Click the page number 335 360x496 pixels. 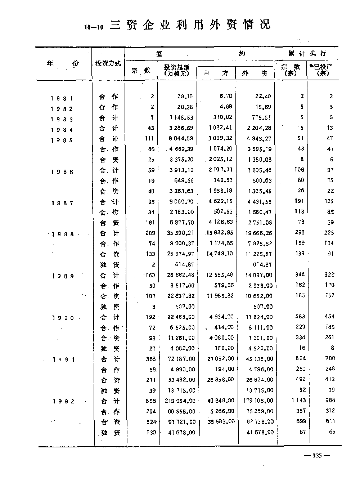click(317, 456)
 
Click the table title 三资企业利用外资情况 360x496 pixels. click(190, 25)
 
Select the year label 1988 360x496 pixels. click(63, 234)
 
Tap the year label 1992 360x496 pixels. click(63, 402)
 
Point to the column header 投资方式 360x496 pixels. click(108, 64)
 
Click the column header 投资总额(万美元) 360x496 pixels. click(176, 70)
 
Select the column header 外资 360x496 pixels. click(255, 73)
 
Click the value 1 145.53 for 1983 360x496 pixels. click(182, 118)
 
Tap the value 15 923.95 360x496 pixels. click(220, 233)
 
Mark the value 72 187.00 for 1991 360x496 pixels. click(182, 359)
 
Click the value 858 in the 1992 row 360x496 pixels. click(151, 401)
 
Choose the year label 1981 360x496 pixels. click(62, 98)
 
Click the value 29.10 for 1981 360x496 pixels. click(185, 97)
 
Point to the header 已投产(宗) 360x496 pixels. click(322, 70)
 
